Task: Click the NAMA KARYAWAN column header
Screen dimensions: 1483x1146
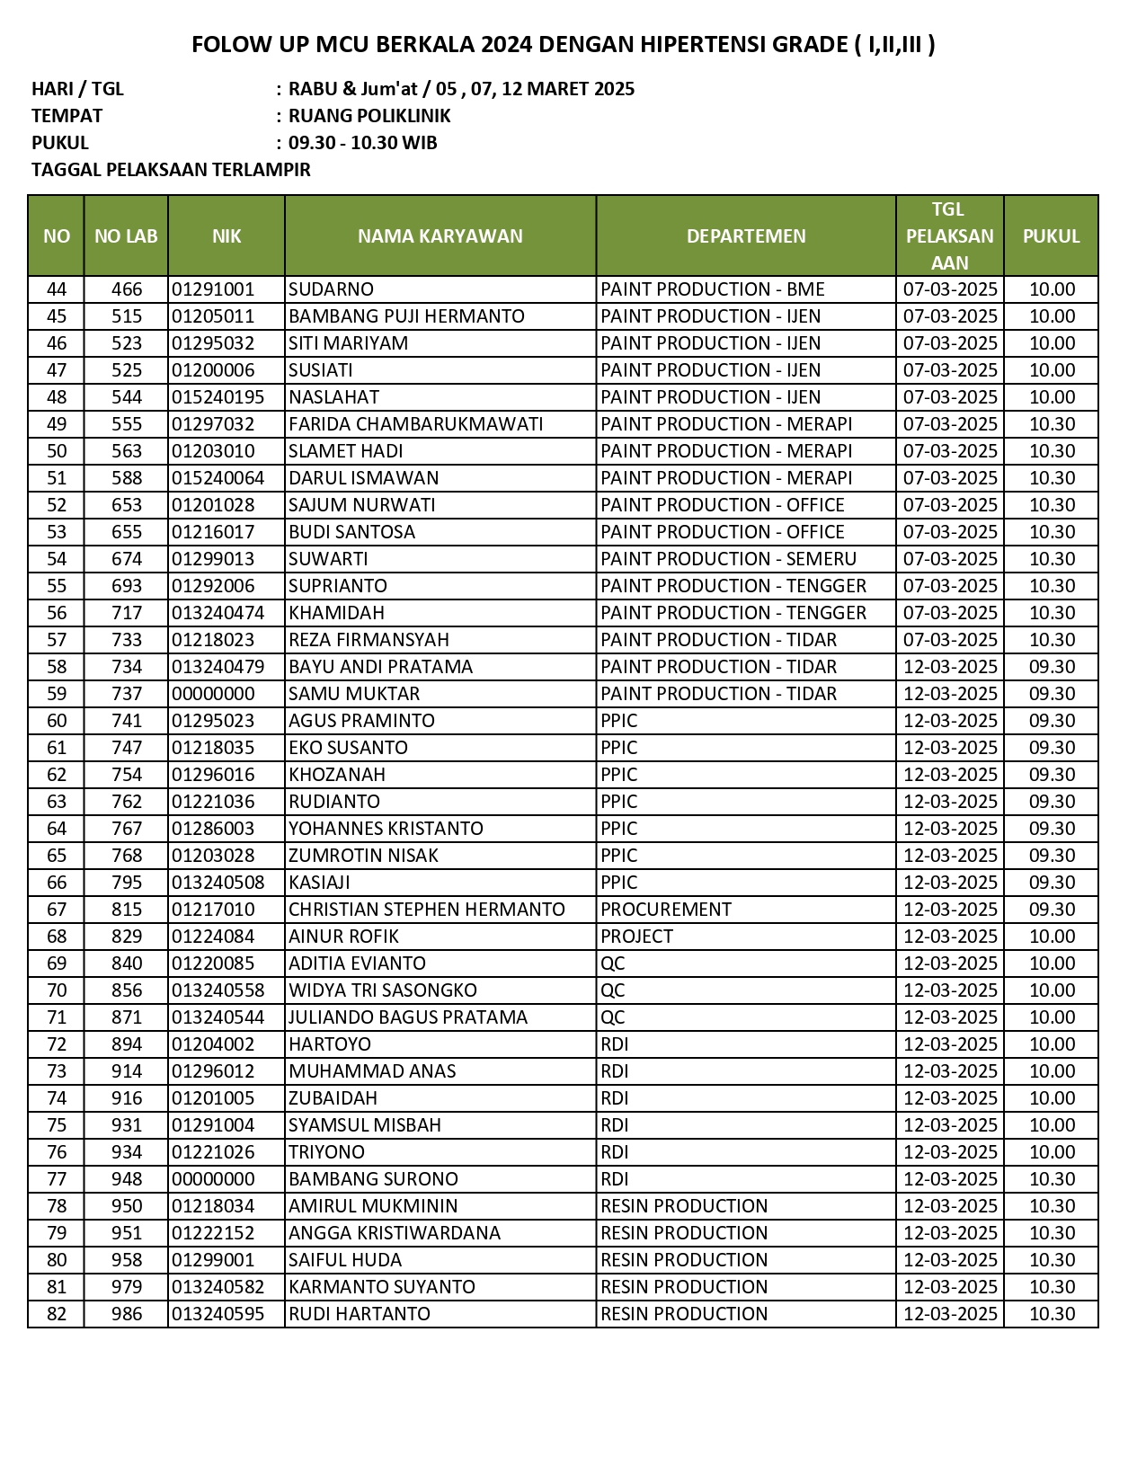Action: [440, 236]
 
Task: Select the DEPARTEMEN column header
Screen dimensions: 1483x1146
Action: [746, 236]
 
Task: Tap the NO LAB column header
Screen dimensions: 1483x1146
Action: [126, 236]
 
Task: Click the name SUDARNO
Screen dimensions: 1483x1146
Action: [331, 289]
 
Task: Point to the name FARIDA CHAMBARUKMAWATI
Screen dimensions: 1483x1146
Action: [415, 424]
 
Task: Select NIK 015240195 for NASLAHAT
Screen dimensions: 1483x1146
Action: [218, 397]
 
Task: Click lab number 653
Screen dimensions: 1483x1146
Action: [127, 505]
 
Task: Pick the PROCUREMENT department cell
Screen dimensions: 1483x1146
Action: [666, 910]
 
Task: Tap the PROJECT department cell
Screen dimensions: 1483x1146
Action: [636, 937]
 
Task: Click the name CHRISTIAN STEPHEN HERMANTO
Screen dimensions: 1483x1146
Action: [427, 910]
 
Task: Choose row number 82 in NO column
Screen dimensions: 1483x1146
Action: [57, 1314]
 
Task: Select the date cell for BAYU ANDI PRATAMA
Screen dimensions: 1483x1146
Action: [950, 667]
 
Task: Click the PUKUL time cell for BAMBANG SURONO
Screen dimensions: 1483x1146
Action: [1052, 1179]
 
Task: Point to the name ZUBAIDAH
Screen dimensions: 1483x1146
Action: [333, 1098]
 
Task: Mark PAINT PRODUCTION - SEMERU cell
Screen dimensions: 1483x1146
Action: [728, 559]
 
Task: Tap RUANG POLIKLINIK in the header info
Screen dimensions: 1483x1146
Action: [369, 116]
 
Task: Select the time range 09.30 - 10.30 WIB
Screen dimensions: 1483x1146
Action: [363, 143]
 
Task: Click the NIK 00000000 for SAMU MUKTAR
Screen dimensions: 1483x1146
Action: [213, 694]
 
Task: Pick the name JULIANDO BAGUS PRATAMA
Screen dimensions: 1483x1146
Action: [408, 1017]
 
